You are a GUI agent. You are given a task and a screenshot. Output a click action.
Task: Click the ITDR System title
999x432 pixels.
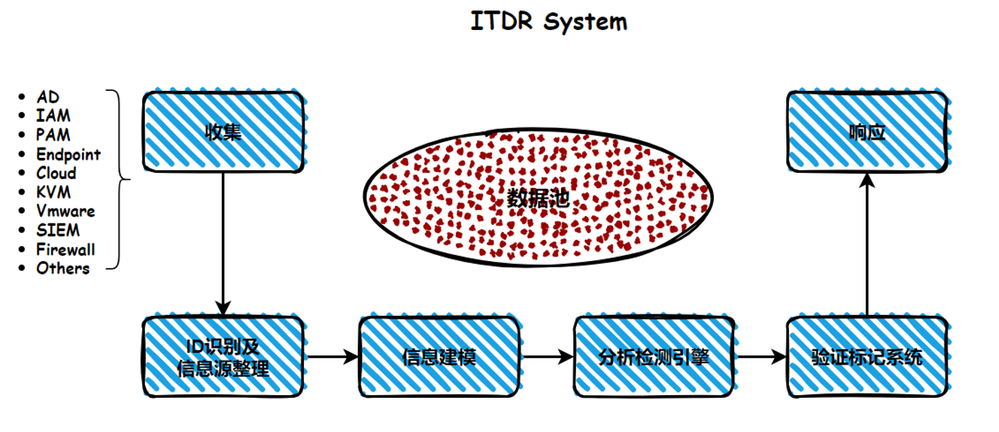pos(549,21)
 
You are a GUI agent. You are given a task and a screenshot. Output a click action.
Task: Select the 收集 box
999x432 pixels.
pos(224,132)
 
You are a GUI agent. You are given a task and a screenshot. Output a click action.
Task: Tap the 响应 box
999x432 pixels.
pos(867,132)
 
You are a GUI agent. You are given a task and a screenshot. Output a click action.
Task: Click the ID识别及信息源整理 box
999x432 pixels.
pos(224,357)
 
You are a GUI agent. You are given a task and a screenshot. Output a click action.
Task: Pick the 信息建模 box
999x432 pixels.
pos(439,357)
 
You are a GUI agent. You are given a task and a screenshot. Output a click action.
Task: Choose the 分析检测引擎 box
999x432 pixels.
pos(654,357)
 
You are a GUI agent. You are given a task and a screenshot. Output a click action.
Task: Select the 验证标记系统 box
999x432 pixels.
pos(867,357)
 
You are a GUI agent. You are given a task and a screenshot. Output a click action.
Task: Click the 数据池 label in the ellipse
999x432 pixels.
pos(539,198)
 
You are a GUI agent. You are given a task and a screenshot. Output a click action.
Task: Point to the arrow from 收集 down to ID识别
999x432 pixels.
pos(223,244)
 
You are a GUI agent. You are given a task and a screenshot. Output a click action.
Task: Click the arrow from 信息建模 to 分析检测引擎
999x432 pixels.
pos(547,357)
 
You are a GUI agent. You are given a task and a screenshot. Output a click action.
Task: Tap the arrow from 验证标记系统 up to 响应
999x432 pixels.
pos(867,244)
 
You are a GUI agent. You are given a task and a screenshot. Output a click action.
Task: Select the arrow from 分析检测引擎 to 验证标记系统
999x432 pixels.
pos(761,357)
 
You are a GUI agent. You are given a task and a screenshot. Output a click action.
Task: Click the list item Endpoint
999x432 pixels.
pos(68,154)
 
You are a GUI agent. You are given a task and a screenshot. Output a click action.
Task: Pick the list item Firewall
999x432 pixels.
pos(66,249)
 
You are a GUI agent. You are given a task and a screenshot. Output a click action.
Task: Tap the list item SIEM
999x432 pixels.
pos(58,230)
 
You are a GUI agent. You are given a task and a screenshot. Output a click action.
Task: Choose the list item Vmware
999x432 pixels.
pos(66,211)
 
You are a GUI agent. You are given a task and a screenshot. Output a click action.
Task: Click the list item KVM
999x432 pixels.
pos(53,192)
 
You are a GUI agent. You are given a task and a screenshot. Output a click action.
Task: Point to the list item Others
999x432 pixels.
pos(63,269)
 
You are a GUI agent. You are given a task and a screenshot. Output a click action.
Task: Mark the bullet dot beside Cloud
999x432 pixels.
pos(22,173)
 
